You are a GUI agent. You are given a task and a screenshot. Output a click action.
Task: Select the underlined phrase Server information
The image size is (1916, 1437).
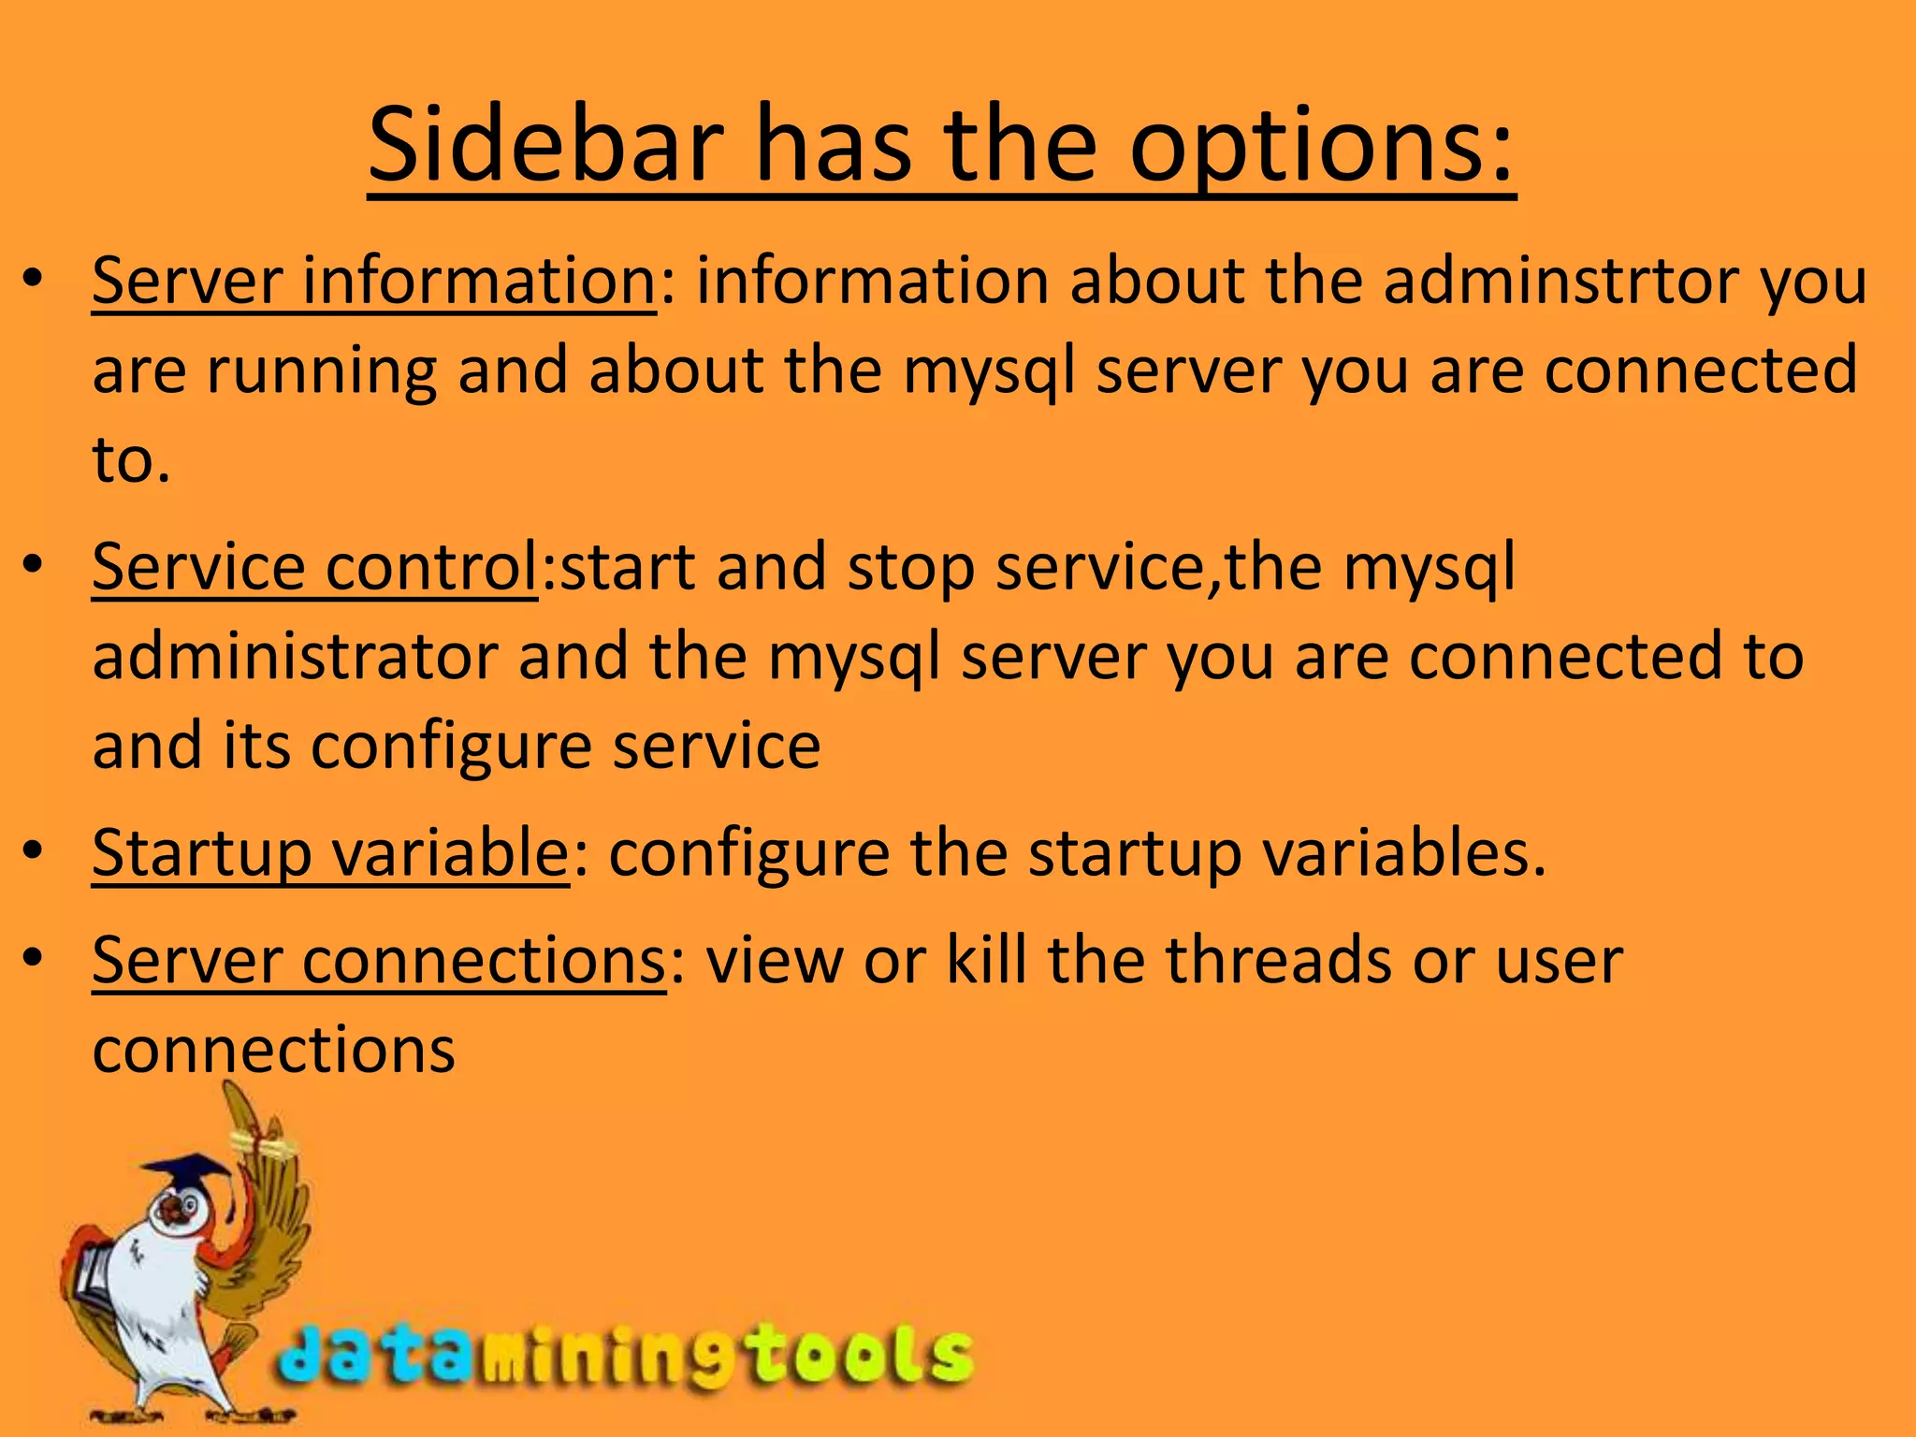point(374,281)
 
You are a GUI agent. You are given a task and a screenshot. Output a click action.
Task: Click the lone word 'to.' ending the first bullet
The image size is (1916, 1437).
point(132,460)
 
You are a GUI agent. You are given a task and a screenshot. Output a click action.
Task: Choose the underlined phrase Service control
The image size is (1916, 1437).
point(315,567)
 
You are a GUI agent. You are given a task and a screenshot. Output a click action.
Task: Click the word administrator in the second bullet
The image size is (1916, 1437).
point(295,657)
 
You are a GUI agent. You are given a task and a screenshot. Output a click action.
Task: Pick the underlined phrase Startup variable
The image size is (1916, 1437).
point(330,853)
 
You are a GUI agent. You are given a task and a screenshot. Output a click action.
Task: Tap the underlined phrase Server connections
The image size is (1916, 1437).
point(379,961)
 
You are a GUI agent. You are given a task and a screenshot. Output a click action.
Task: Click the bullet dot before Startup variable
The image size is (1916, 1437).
point(34,851)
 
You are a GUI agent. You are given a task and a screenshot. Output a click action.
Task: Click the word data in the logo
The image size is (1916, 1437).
point(374,1357)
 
